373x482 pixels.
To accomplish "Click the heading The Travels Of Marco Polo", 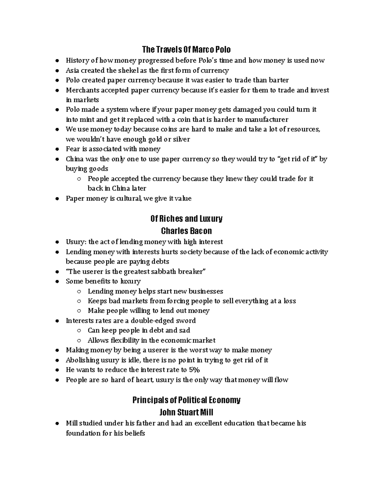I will [x=186, y=50].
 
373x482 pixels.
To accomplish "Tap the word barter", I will [x=279, y=80].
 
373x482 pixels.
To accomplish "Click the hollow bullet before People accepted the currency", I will [x=79, y=179].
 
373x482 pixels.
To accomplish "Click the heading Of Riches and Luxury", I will [x=186, y=219].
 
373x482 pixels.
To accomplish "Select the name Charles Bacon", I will [x=186, y=231].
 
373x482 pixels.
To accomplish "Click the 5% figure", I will [x=194, y=370].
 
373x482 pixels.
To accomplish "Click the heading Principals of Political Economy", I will [x=186, y=400].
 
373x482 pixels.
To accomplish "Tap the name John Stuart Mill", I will [x=186, y=412].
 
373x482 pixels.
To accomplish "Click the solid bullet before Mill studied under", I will [x=57, y=423].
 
